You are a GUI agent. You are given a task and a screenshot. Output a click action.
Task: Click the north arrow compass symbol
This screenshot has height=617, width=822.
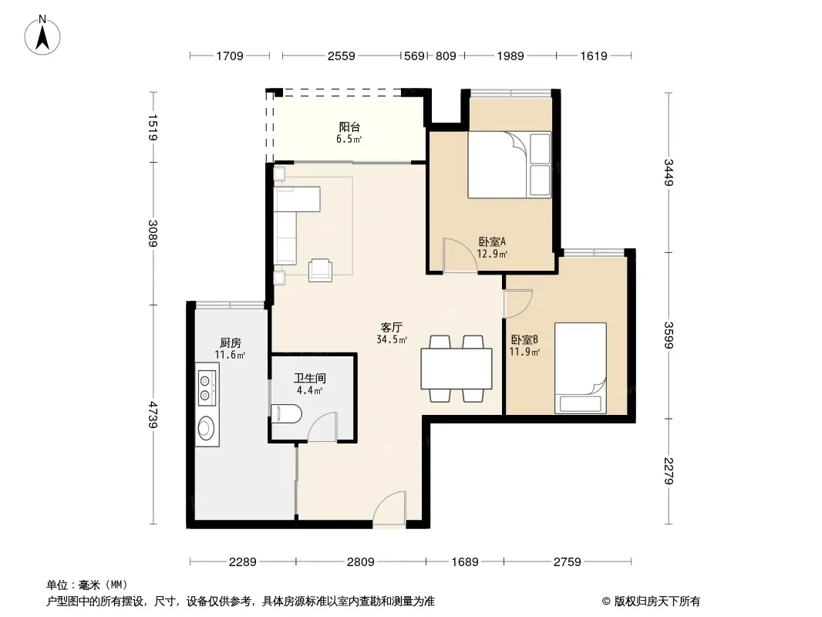(42, 35)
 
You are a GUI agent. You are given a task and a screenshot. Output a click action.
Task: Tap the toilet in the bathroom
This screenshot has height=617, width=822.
(286, 414)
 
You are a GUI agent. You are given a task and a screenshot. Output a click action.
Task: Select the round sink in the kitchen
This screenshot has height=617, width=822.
(206, 428)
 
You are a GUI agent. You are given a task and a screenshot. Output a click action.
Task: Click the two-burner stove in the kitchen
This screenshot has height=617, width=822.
(207, 388)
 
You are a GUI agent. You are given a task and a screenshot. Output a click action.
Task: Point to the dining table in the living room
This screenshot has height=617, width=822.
(456, 369)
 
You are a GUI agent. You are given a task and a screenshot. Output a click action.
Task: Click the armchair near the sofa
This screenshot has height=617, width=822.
(320, 270)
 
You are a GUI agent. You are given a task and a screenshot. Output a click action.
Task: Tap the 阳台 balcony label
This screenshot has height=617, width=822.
(349, 126)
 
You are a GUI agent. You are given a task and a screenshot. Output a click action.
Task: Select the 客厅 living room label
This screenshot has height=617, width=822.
(391, 328)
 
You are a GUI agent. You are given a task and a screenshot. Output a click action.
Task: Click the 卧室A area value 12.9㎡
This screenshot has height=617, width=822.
(492, 255)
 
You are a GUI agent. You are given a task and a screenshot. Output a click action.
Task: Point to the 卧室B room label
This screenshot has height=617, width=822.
(524, 339)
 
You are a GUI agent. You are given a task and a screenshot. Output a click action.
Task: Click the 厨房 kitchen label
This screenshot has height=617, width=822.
(230, 343)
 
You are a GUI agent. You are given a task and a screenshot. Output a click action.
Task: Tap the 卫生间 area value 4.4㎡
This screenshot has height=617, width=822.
(309, 390)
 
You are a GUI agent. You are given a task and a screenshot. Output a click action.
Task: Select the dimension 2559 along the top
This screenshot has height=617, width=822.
(342, 56)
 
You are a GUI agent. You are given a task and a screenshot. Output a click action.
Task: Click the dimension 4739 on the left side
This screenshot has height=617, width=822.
(153, 414)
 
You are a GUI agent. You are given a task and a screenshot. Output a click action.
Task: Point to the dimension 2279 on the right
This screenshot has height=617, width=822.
(669, 470)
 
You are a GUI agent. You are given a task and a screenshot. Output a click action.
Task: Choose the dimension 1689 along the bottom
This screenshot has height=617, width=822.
(465, 562)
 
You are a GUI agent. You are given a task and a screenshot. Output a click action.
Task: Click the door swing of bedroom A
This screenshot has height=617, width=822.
(460, 255)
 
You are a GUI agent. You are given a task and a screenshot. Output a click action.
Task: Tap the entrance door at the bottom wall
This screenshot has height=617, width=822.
(389, 507)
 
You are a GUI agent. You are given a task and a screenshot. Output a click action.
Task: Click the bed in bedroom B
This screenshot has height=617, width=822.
(581, 368)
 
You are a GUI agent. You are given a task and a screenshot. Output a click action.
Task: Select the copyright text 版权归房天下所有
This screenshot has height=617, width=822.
(657, 602)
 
